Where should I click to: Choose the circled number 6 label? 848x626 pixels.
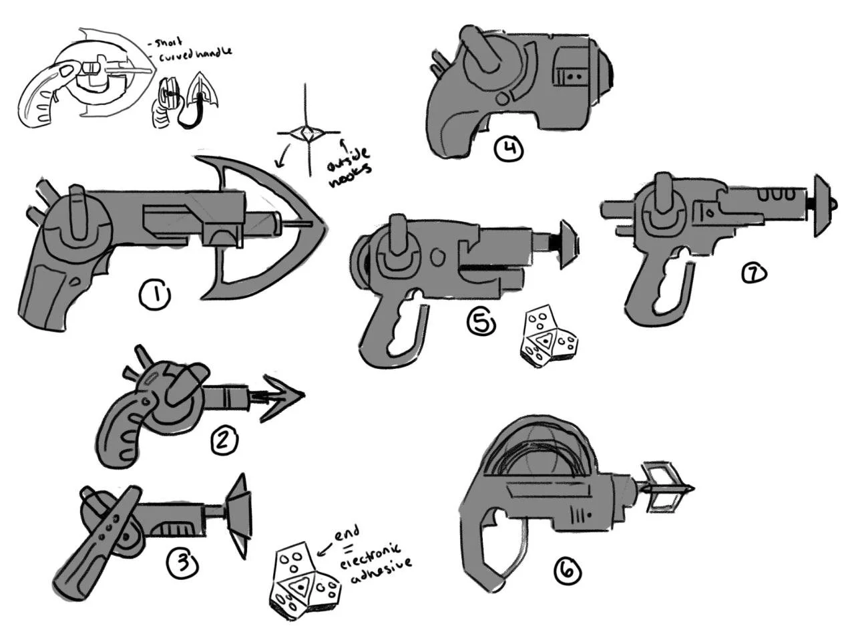(568, 572)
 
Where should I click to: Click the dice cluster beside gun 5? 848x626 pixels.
(548, 337)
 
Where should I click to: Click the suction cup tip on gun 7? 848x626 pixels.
(822, 206)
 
